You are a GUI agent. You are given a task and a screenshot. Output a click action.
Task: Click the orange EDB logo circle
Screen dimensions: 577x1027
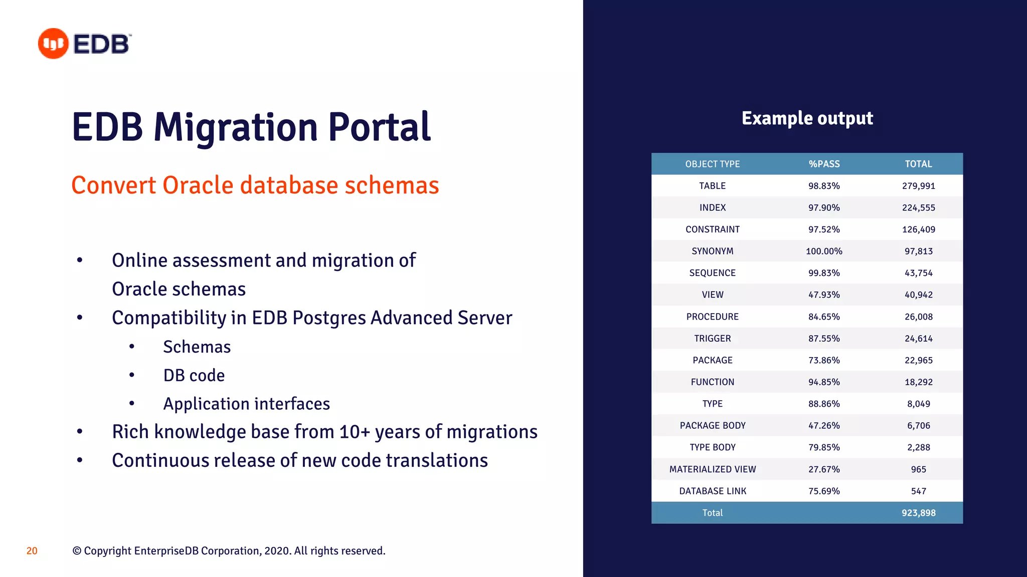[53, 44]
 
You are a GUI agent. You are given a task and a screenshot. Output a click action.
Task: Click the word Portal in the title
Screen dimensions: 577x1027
[379, 127]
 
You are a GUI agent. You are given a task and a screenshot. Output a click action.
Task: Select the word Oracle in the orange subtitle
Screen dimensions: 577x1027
[198, 185]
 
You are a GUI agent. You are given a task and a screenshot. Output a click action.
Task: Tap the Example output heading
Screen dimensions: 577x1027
[807, 118]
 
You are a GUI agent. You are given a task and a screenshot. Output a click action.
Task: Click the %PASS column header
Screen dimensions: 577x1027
[824, 164]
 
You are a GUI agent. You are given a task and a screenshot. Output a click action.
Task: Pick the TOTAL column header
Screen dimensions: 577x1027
[918, 164]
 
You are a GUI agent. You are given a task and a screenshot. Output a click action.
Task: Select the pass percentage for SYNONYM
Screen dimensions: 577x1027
[824, 251]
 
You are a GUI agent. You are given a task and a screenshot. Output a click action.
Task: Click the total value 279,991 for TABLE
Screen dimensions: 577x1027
[918, 186]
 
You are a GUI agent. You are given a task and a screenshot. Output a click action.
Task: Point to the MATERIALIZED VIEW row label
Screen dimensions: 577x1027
[712, 469]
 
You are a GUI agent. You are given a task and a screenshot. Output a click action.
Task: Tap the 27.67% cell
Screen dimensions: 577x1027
[824, 469]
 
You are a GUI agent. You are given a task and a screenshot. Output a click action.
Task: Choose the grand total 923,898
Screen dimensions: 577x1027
[918, 513]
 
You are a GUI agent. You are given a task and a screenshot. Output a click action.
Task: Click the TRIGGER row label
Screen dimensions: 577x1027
[712, 339]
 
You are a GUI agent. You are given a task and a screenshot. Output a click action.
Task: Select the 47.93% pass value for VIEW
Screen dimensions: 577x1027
[824, 295]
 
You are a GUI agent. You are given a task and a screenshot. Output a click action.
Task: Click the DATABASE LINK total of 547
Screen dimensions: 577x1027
[918, 491]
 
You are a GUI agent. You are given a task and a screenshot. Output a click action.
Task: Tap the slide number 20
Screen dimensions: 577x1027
[32, 551]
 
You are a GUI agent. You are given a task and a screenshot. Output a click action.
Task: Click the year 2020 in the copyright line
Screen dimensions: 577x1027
[276, 551]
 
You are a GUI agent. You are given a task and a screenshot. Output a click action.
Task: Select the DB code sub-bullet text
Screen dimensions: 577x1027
[194, 376]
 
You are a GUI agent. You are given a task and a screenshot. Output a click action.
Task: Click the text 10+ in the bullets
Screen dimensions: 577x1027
[355, 432]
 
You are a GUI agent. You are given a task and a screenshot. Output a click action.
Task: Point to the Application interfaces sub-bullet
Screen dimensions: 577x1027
[246, 404]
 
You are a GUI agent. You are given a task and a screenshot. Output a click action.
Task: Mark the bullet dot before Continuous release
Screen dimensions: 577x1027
[80, 460]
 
